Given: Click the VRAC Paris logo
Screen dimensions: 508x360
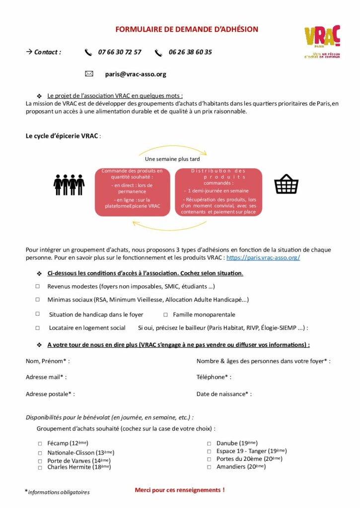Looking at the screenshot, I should (322, 42).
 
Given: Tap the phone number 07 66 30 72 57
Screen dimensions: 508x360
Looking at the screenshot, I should (120, 52).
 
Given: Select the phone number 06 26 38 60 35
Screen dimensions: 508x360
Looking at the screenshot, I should (190, 52).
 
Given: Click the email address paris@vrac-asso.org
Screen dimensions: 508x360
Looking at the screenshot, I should (136, 74).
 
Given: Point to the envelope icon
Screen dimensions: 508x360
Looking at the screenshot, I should (89, 74).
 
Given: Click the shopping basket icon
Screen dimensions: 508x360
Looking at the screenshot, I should (287, 185).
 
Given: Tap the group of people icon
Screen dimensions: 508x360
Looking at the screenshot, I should (69, 185).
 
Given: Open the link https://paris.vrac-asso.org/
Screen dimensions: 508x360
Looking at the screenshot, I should (263, 258).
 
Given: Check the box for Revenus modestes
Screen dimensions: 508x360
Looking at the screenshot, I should (38, 287).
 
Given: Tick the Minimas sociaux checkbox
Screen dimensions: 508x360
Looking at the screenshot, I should (38, 300).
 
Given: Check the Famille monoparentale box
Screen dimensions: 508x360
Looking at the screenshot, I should (166, 315).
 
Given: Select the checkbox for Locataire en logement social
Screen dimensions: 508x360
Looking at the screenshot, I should (38, 328).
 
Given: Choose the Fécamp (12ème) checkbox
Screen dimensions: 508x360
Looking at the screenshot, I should (40, 444).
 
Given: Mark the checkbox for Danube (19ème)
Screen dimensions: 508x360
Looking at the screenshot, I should (210, 444).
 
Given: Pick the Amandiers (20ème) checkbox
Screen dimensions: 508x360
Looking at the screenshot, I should (210, 467).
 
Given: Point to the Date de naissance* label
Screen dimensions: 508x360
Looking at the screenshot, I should (224, 394).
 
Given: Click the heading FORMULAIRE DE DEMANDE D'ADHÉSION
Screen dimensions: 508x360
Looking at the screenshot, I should (187, 29).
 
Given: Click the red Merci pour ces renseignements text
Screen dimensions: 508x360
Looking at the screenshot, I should (180, 490).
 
